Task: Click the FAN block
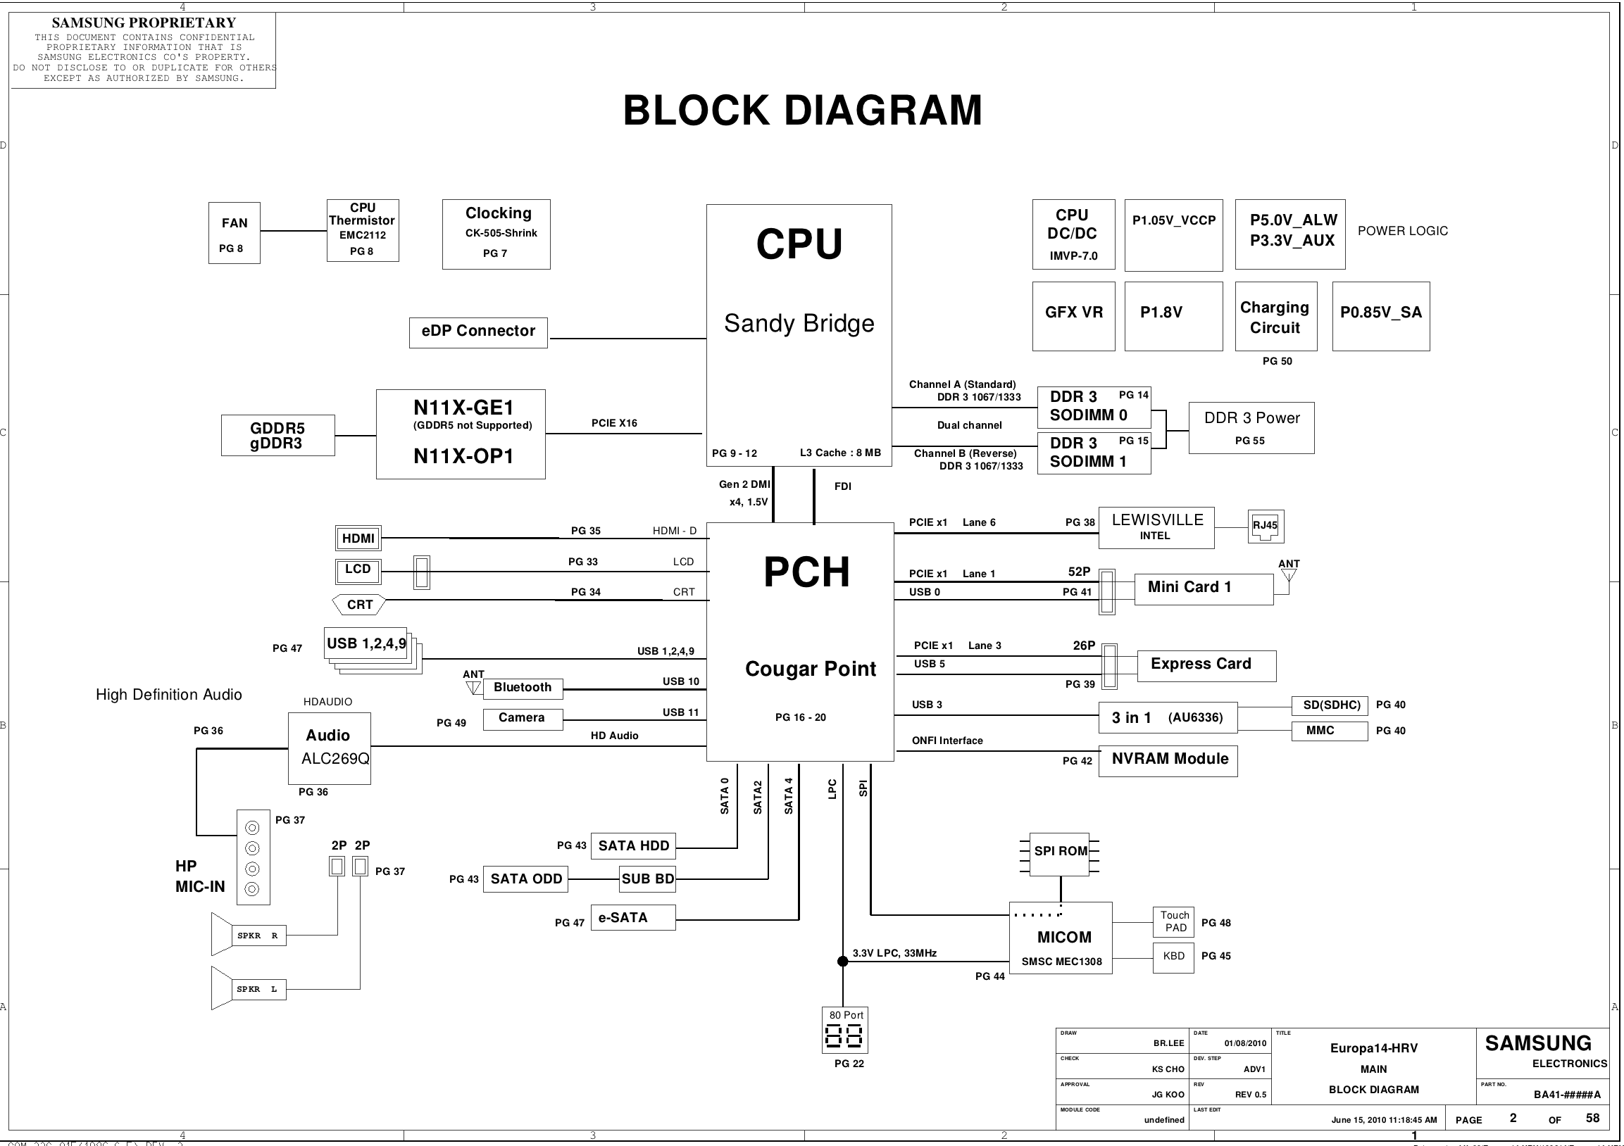tap(234, 232)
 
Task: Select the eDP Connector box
tap(478, 332)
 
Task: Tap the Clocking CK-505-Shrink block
tap(496, 233)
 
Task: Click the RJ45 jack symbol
tap(1266, 527)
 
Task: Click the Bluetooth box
tap(523, 688)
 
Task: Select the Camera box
tap(523, 719)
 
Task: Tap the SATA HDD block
tap(633, 846)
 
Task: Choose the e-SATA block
tap(633, 918)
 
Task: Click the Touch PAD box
tap(1174, 922)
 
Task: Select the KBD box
tap(1174, 957)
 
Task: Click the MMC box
tap(1330, 731)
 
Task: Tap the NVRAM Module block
tap(1168, 761)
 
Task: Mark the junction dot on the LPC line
tap(843, 961)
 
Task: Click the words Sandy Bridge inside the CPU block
tap(799, 324)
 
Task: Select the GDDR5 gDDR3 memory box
tap(277, 436)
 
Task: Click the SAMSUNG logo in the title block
tap(1537, 1043)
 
